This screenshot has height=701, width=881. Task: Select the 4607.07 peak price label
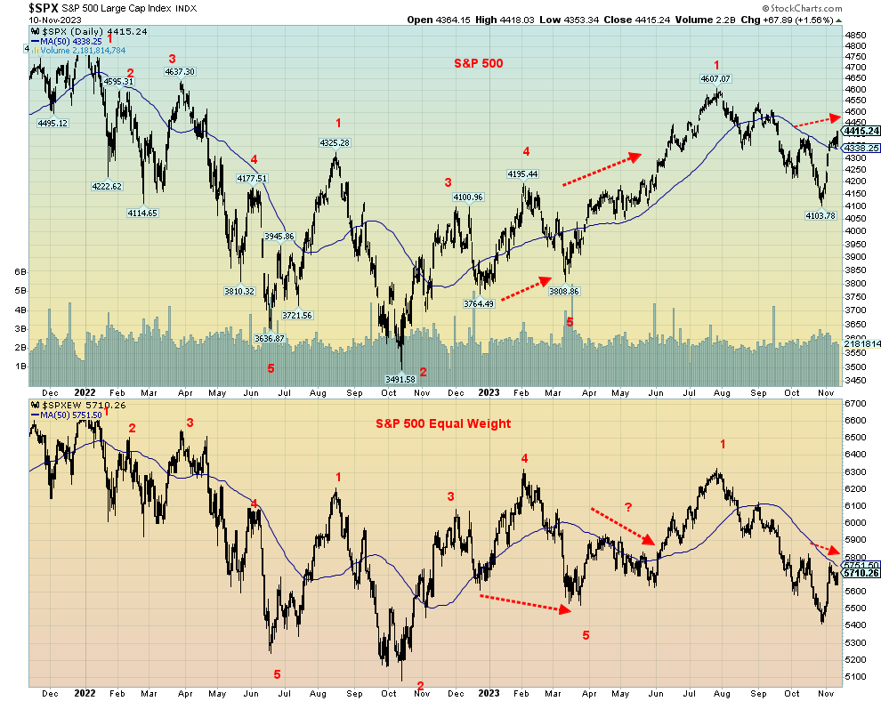pos(714,79)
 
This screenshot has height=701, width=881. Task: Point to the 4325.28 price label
pos(335,142)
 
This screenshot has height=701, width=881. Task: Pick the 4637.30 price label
pos(177,71)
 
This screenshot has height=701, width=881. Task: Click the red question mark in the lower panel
pos(628,507)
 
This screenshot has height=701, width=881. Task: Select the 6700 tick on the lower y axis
pos(855,403)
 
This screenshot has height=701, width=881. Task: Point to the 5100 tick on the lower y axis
pos(855,676)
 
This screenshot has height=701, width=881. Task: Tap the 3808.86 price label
pos(563,291)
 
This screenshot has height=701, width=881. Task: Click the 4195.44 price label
pos(522,173)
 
